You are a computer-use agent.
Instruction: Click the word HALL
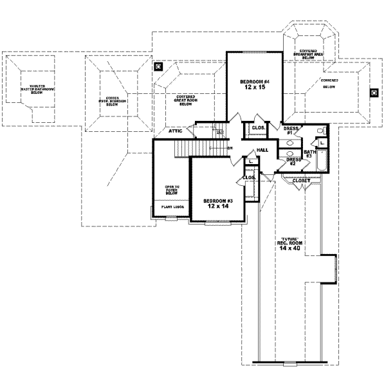(262, 150)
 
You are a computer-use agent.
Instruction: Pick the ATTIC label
(176, 131)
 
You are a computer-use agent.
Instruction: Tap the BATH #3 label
(309, 152)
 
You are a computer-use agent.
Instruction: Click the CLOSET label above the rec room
(301, 181)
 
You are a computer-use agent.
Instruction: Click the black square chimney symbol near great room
(158, 66)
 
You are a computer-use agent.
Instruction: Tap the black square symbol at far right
(373, 92)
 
